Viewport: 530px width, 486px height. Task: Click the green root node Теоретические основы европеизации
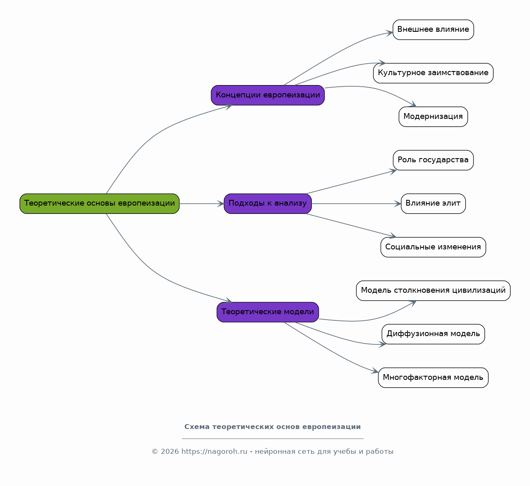99,204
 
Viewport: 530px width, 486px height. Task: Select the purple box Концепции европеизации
268,95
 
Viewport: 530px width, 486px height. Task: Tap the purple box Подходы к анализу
268,204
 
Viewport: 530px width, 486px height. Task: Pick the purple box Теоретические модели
268,312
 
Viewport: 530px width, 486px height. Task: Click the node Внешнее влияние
433,30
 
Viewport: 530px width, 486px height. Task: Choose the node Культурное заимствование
433,73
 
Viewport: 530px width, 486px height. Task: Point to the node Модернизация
433,117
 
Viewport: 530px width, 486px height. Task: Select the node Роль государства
433,160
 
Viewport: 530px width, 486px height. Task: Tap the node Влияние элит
433,204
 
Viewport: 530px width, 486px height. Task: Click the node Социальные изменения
433,247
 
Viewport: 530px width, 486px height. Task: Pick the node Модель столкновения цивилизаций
433,291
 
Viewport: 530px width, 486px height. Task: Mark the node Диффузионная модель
433,334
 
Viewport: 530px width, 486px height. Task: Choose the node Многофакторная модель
433,377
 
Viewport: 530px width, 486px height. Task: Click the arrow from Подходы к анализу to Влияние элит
356,204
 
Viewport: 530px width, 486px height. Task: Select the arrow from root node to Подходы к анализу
202,204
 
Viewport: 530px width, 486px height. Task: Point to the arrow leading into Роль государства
351,182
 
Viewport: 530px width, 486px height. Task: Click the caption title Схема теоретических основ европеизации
272,427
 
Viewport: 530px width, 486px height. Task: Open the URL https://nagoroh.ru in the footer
214,451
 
